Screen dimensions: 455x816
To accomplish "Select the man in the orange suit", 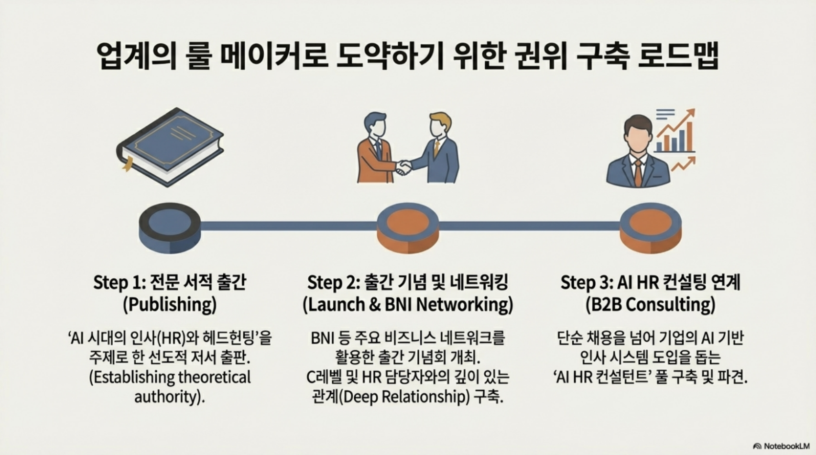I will coord(375,151).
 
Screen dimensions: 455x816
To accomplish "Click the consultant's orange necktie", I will coord(638,173).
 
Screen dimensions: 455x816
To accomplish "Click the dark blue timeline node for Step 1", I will coord(170,227).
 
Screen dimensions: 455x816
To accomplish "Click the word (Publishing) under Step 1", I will coord(170,304).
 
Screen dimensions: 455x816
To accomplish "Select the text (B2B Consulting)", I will coord(650,304).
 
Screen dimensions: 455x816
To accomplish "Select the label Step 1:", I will coord(119,283).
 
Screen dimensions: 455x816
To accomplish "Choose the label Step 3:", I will coord(586,283).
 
